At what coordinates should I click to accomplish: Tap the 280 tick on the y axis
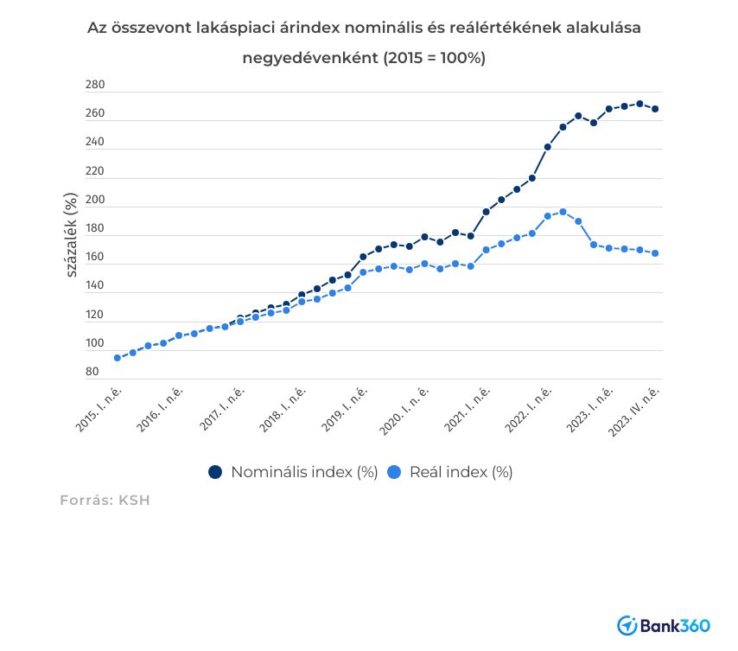click(x=95, y=86)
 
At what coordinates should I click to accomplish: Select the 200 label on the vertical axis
click(x=95, y=201)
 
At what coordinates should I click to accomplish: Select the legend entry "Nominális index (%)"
click(x=304, y=472)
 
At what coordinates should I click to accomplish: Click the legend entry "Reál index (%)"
click(x=461, y=472)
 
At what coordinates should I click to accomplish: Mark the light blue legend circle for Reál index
click(x=394, y=472)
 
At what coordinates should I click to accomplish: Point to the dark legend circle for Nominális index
click(x=215, y=472)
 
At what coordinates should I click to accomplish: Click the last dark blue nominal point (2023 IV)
click(x=655, y=109)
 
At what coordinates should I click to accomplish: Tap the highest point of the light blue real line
click(x=563, y=212)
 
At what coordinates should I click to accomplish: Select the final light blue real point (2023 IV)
click(x=655, y=253)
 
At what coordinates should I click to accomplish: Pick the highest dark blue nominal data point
click(x=639, y=104)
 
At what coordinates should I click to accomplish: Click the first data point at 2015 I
click(x=117, y=358)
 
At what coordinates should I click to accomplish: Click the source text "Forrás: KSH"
click(x=105, y=500)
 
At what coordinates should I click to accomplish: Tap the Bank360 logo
click(x=665, y=625)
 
